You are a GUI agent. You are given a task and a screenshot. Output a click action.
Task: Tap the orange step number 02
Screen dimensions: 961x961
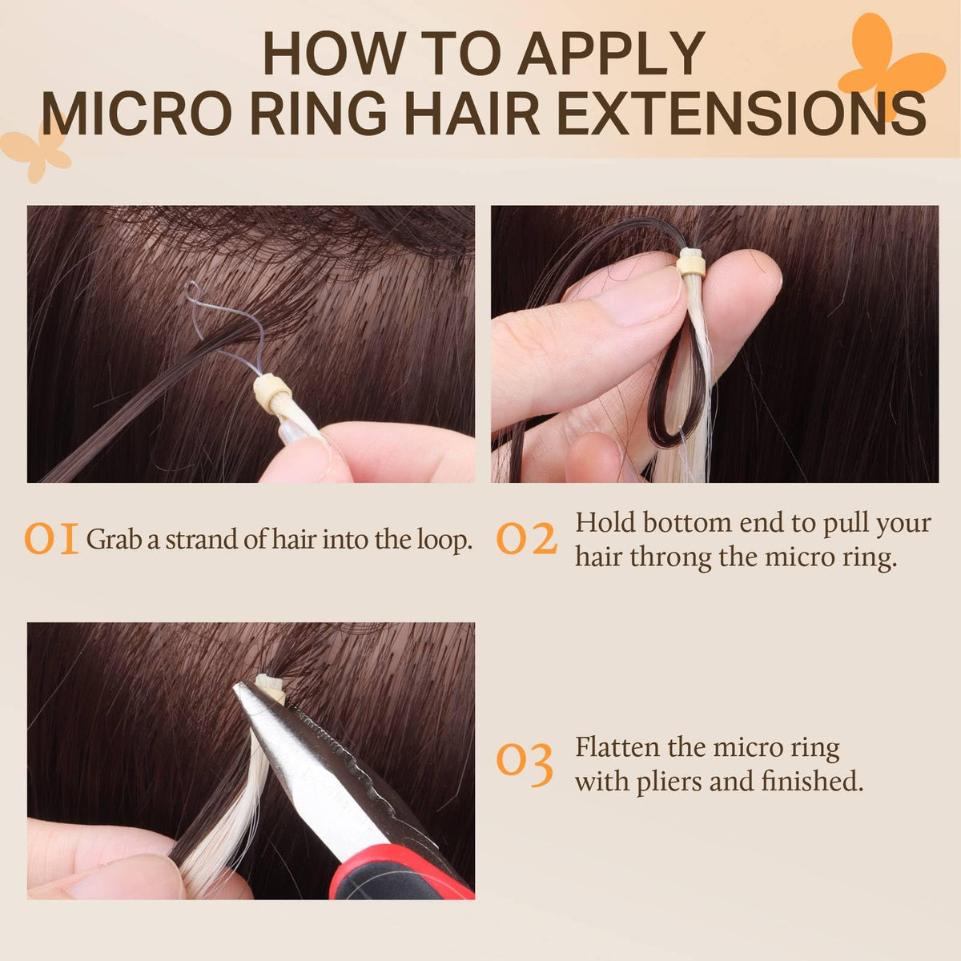click(527, 539)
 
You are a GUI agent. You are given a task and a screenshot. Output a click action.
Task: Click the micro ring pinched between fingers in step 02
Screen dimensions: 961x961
click(690, 267)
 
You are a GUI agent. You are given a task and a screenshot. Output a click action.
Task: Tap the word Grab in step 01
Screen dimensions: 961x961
click(114, 540)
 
